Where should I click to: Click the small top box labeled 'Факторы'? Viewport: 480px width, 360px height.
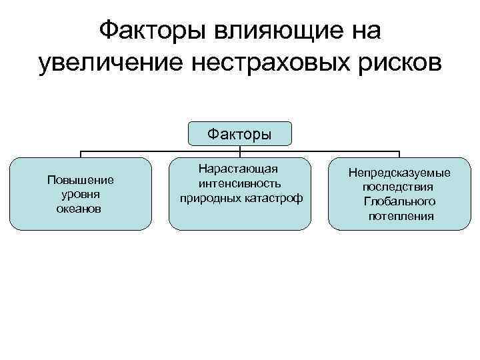click(239, 134)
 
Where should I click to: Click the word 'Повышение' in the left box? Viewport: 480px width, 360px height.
click(81, 180)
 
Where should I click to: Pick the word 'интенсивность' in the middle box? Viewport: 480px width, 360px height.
click(239, 183)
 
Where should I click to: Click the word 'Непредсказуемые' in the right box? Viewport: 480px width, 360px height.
click(399, 173)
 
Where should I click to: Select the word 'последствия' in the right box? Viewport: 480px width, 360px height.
click(399, 187)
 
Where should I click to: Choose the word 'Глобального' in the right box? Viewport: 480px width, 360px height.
click(399, 201)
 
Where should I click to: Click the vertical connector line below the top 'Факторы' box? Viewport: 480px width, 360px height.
click(240, 149)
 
